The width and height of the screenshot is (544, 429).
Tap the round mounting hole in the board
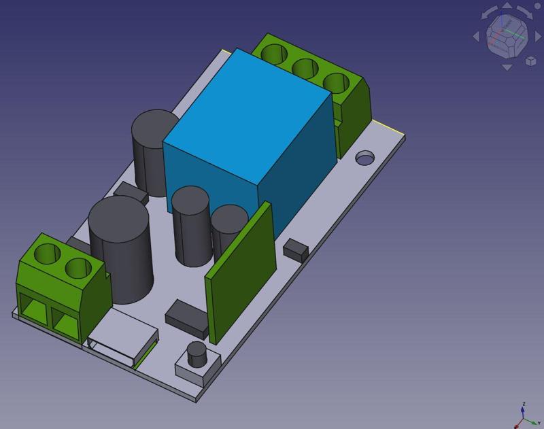coord(366,158)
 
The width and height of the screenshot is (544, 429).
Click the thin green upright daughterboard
coord(242,272)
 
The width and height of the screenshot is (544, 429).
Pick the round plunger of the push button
coord(197,353)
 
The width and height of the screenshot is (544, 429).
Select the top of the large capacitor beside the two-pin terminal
coord(119,218)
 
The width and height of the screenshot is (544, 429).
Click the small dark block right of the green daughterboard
coord(295,250)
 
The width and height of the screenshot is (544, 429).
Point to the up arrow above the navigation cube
coord(506,9)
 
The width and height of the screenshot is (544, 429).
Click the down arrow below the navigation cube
coord(507,67)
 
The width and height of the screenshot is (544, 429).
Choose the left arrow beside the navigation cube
coord(478,37)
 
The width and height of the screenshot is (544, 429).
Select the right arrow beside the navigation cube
coord(535,37)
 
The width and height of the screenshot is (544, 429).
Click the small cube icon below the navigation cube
coord(530,62)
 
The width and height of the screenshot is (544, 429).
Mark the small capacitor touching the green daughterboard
coord(228,228)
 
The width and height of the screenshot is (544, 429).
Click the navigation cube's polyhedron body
coord(507,37)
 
